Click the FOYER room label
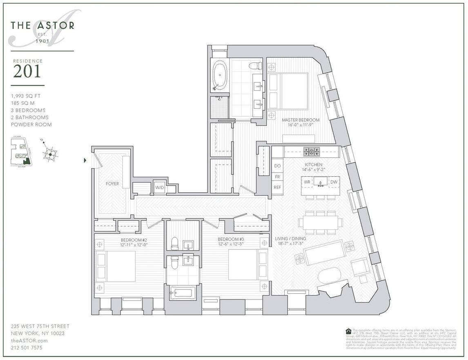click(112, 184)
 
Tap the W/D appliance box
click(159, 187)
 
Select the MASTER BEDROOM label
click(301, 120)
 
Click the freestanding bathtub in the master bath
click(220, 75)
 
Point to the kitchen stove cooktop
click(312, 152)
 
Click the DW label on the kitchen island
click(334, 182)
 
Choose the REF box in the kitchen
click(277, 187)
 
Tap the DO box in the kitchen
click(277, 166)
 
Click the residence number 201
click(27, 71)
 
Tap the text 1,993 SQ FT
click(26, 96)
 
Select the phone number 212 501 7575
click(27, 348)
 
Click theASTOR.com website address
click(29, 340)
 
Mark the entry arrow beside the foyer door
click(85, 160)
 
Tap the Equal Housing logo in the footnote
click(348, 331)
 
